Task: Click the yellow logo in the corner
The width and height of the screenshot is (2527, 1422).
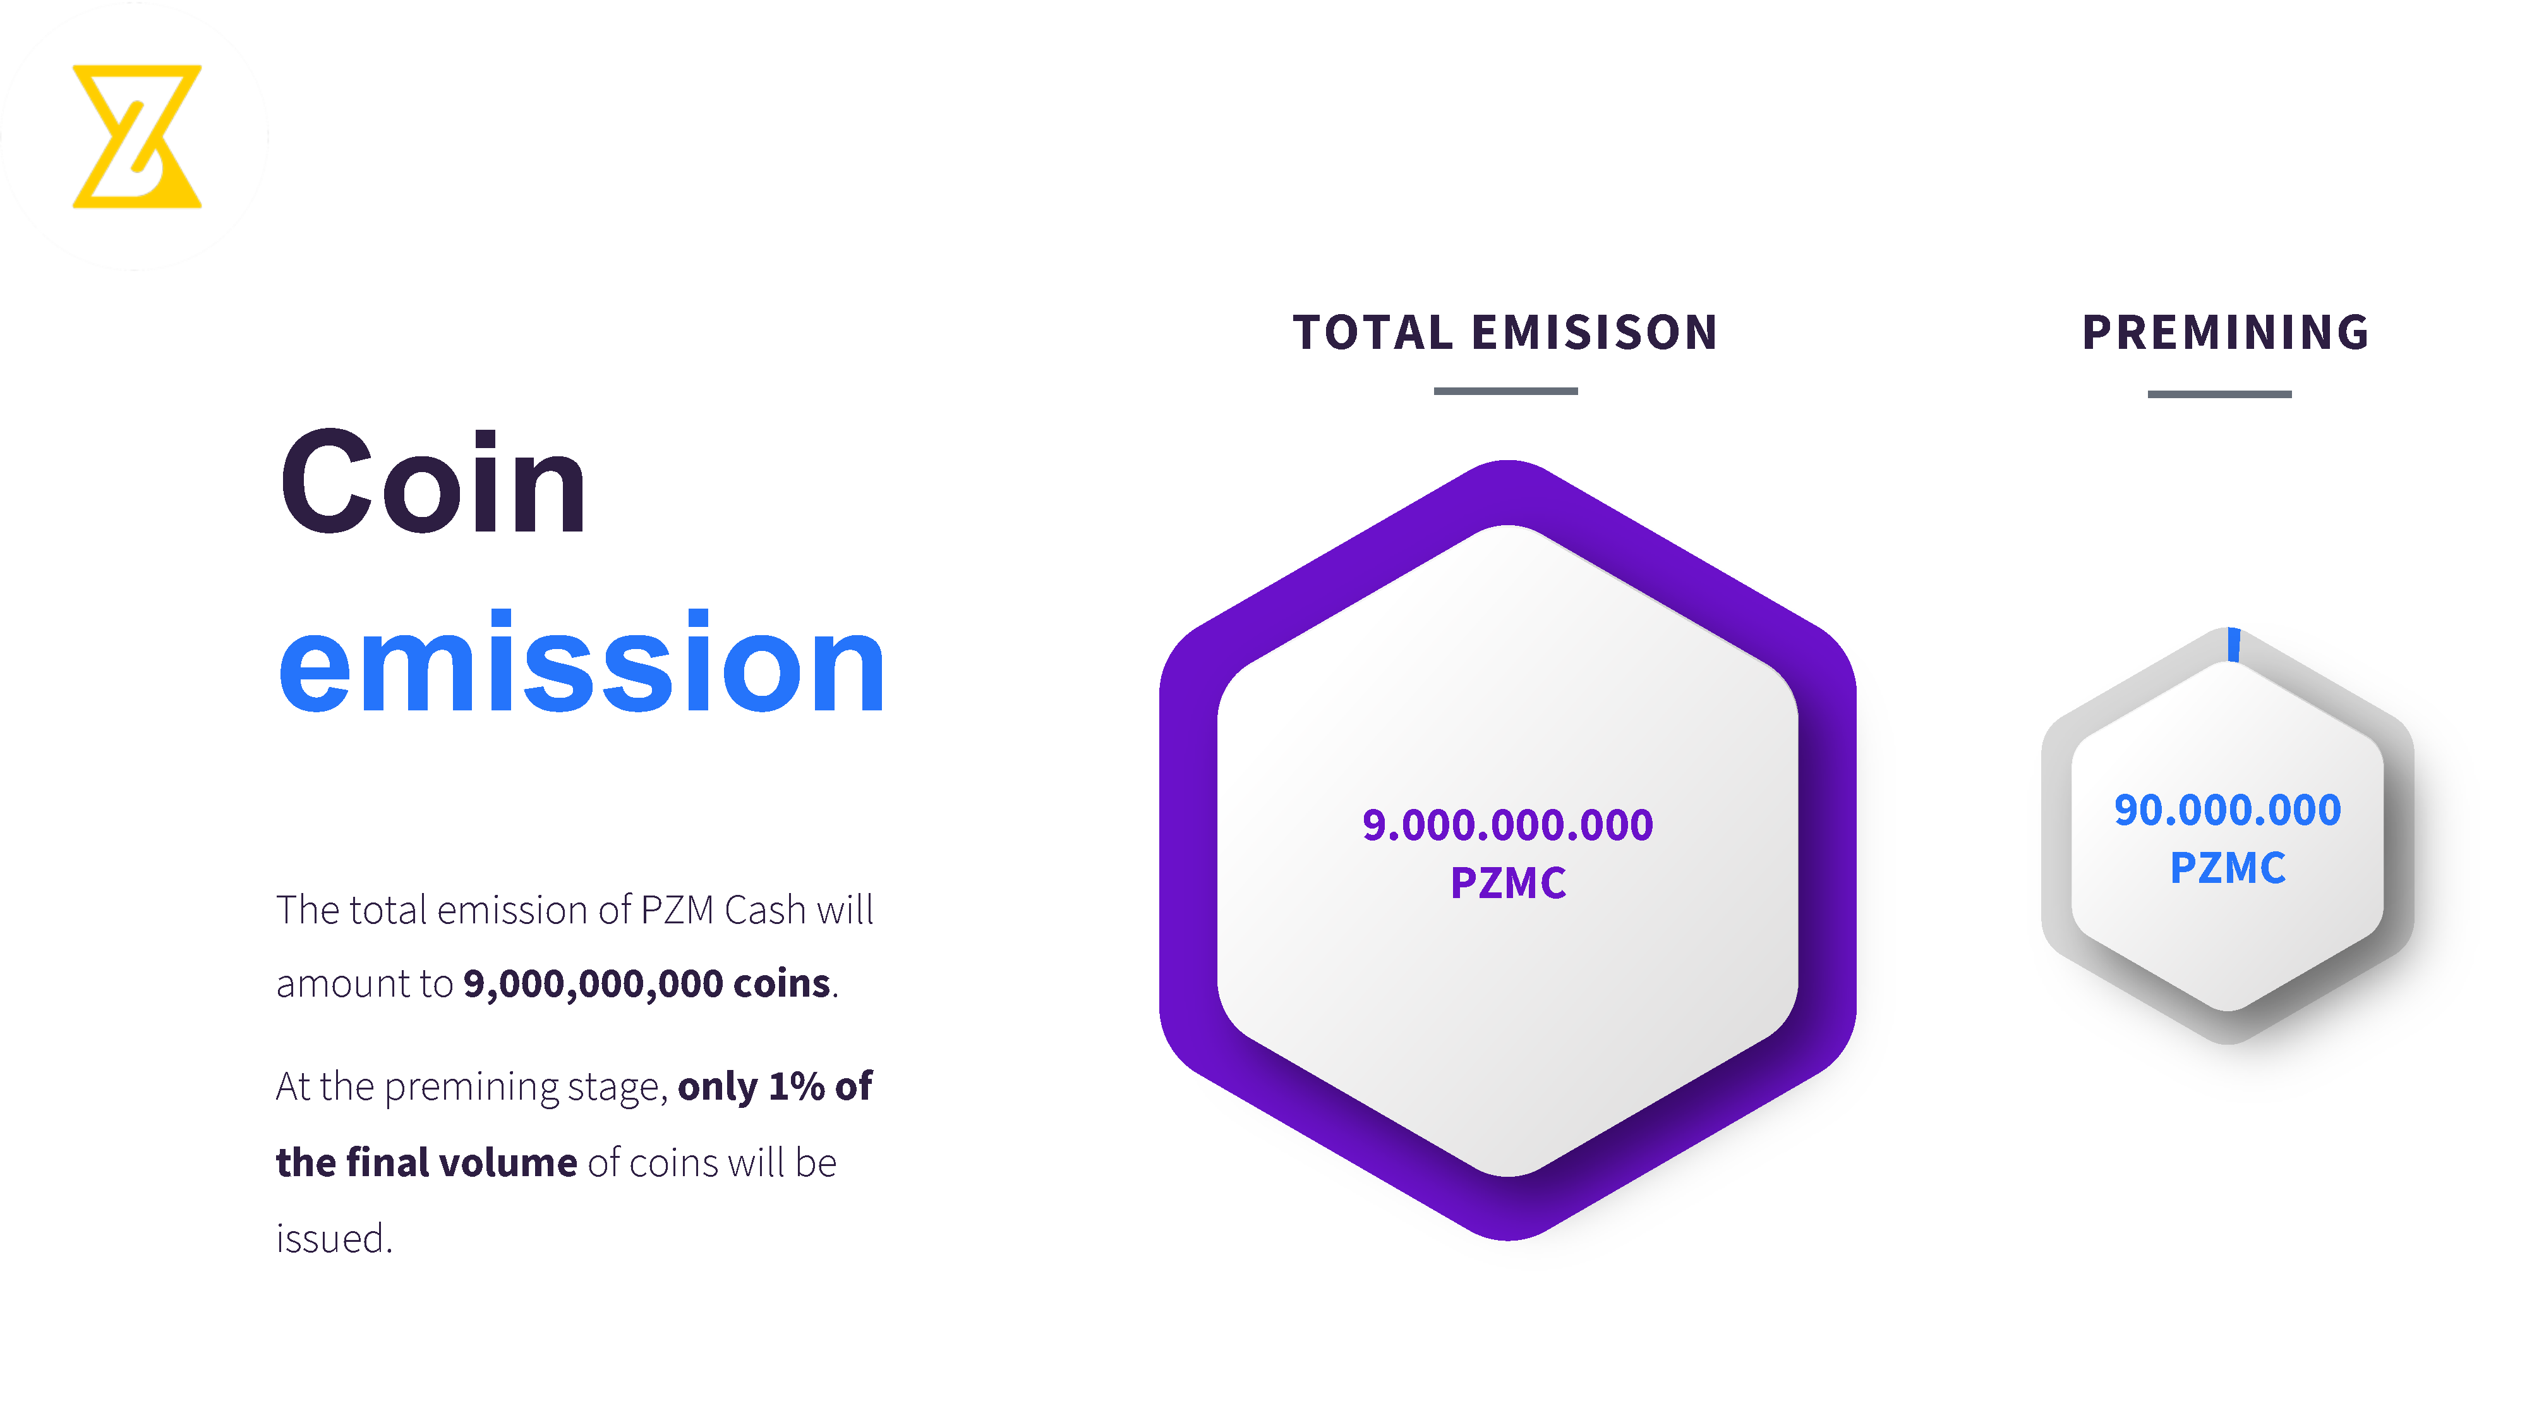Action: pyautogui.click(x=137, y=137)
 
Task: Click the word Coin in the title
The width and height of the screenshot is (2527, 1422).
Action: pyautogui.click(x=433, y=483)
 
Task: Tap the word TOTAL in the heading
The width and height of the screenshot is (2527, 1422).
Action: pyautogui.click(x=1372, y=332)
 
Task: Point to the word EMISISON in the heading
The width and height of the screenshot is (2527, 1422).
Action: pyautogui.click(x=1595, y=332)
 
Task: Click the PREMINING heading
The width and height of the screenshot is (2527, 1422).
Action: pyautogui.click(x=2226, y=332)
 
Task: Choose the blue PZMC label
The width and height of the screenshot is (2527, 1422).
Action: pyautogui.click(x=2228, y=868)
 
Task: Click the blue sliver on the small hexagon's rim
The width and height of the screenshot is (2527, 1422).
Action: pyautogui.click(x=2234, y=645)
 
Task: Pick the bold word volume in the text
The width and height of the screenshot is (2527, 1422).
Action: pyautogui.click(x=508, y=1163)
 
